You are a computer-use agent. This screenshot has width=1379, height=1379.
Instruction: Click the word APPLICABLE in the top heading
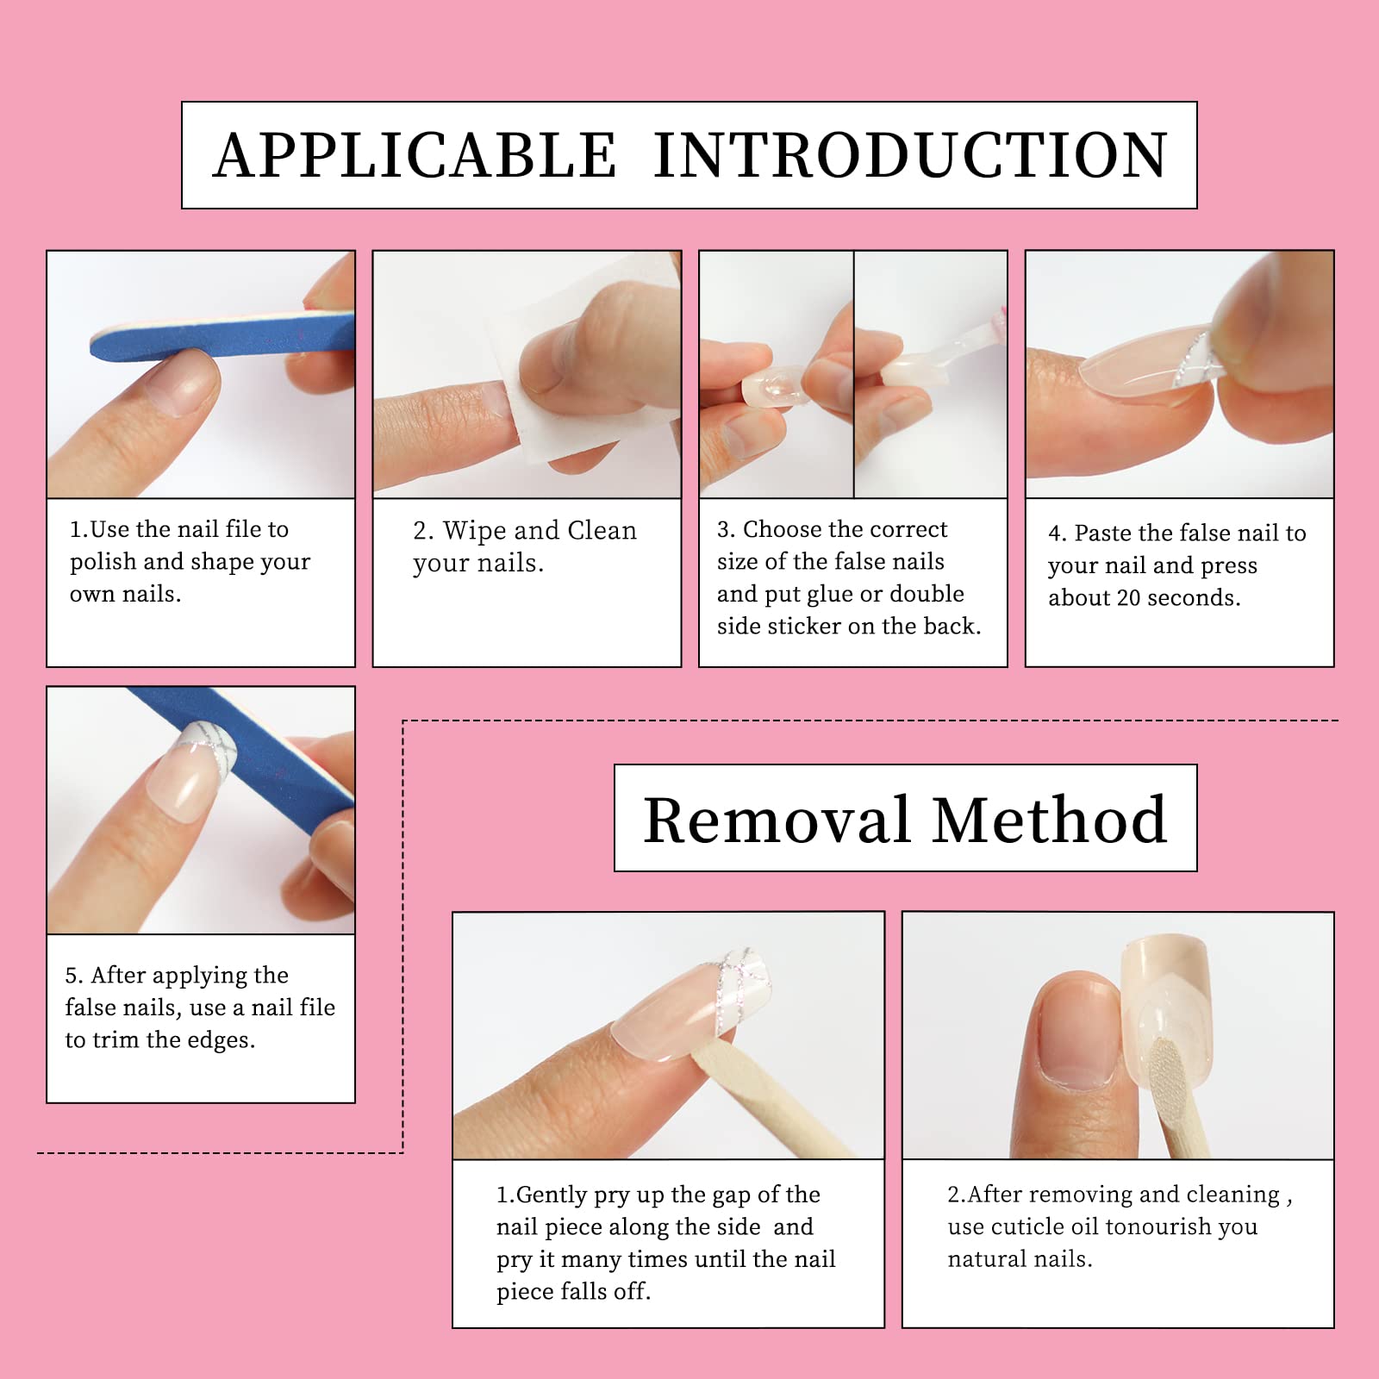(415, 156)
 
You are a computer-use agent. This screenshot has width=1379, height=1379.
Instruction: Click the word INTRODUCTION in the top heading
(910, 156)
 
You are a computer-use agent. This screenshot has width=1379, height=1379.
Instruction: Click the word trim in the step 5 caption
(116, 1040)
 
